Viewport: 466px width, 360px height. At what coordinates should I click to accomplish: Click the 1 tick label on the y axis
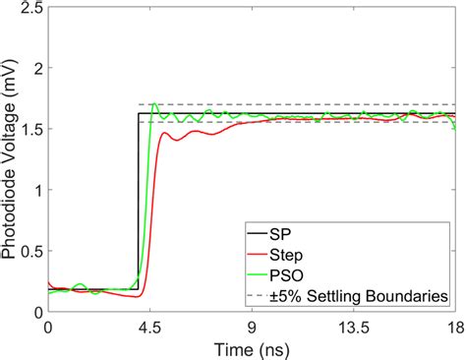tap(34, 191)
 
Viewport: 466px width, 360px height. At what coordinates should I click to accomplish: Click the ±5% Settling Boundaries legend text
tap(368, 295)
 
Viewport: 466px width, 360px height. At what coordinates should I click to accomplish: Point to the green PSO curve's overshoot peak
tap(154, 103)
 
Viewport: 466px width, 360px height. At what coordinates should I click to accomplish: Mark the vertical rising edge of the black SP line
tap(137, 197)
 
